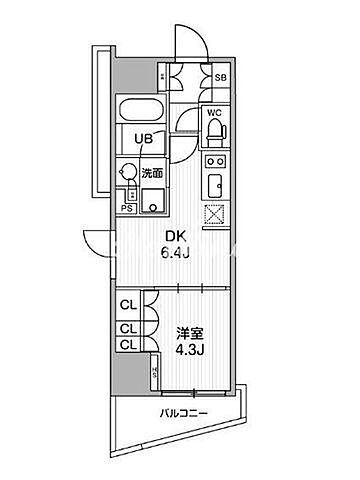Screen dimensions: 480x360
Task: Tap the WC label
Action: pyautogui.click(x=213, y=112)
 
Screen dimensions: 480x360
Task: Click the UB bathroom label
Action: pyautogui.click(x=145, y=140)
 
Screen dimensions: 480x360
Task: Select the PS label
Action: pyautogui.click(x=126, y=208)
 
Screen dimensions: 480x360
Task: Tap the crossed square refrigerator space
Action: pyautogui.click(x=215, y=214)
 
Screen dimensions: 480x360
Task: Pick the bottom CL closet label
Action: pyautogui.click(x=127, y=345)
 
